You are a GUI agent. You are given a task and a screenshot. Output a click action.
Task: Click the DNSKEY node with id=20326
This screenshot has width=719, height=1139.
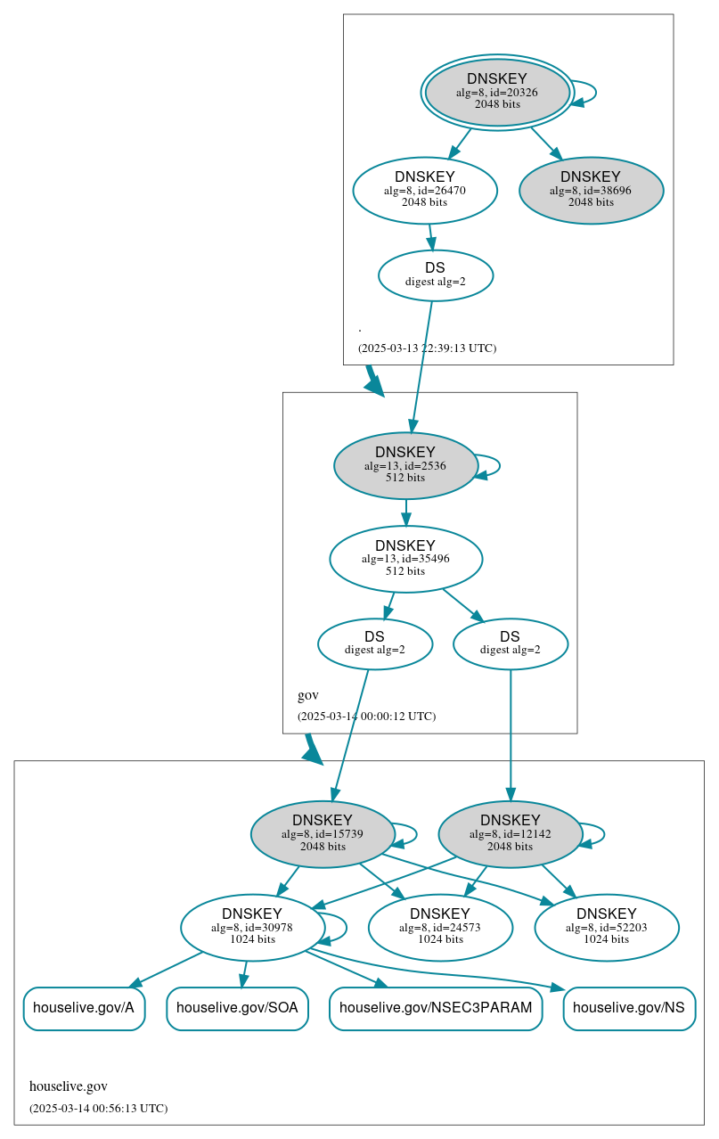(497, 93)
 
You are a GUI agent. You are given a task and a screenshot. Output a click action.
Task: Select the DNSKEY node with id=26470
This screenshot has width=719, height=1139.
(425, 190)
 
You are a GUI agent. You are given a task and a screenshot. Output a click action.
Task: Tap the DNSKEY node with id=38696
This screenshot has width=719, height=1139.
(591, 190)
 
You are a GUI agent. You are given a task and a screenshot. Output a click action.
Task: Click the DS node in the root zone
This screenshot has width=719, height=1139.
(436, 275)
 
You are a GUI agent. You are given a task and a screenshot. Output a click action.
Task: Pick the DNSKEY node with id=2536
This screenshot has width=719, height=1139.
(405, 465)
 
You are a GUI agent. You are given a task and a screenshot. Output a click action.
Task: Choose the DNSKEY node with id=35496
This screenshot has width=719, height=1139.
(405, 559)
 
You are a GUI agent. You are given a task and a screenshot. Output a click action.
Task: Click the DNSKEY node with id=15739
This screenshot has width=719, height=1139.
(323, 834)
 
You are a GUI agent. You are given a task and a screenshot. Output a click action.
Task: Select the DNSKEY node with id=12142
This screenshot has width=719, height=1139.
(510, 834)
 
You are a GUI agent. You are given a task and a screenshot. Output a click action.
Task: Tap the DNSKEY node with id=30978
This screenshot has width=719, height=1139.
(252, 928)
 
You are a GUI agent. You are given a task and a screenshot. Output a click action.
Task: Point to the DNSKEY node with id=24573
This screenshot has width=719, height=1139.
(440, 928)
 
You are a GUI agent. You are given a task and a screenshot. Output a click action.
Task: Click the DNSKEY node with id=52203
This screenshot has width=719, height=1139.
(607, 928)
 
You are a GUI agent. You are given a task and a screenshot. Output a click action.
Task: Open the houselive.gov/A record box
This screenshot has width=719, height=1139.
(84, 1008)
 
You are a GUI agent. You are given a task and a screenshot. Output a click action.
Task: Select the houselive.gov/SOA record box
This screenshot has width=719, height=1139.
(237, 1008)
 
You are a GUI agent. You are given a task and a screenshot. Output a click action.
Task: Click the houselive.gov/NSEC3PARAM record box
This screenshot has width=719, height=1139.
(436, 1008)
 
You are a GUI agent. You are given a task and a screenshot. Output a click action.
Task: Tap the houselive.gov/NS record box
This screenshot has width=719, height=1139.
(629, 1008)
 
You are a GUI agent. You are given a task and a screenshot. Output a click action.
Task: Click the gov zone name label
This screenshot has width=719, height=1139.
(307, 695)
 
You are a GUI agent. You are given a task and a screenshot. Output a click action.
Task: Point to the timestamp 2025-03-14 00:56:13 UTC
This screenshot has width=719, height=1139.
(98, 1109)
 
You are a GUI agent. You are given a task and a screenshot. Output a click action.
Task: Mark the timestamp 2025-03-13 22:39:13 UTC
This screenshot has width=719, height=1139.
(427, 348)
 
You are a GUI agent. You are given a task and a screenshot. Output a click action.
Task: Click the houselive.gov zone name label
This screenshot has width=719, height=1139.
(69, 1086)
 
